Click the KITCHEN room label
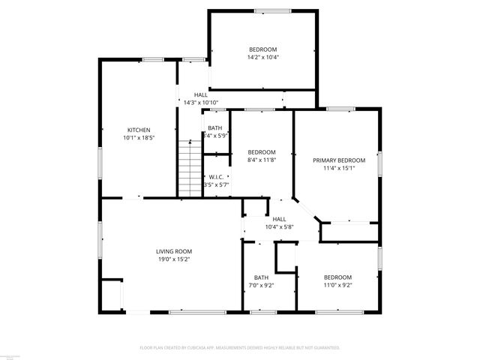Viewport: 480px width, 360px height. (x=138, y=130)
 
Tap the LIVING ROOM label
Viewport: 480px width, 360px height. (x=174, y=251)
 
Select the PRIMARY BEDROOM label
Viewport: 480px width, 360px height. (x=338, y=160)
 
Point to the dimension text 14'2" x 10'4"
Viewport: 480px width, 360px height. (x=262, y=57)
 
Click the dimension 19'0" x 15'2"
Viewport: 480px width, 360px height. (x=174, y=259)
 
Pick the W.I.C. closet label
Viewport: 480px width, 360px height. (x=217, y=176)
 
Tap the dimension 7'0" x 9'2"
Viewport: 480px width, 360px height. (x=261, y=285)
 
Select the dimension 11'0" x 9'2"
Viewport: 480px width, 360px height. (x=337, y=285)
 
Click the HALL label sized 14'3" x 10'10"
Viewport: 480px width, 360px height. (x=200, y=103)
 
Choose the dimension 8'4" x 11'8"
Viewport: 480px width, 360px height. (x=262, y=160)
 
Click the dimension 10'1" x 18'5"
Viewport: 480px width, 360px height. (x=138, y=138)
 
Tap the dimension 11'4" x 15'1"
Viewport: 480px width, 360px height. (x=338, y=169)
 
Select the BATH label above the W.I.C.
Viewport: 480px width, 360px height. (x=214, y=127)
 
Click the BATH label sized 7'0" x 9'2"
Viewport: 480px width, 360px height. (x=261, y=277)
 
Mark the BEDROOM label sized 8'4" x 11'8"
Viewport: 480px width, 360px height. (x=262, y=151)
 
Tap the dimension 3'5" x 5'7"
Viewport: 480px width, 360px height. (x=217, y=184)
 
